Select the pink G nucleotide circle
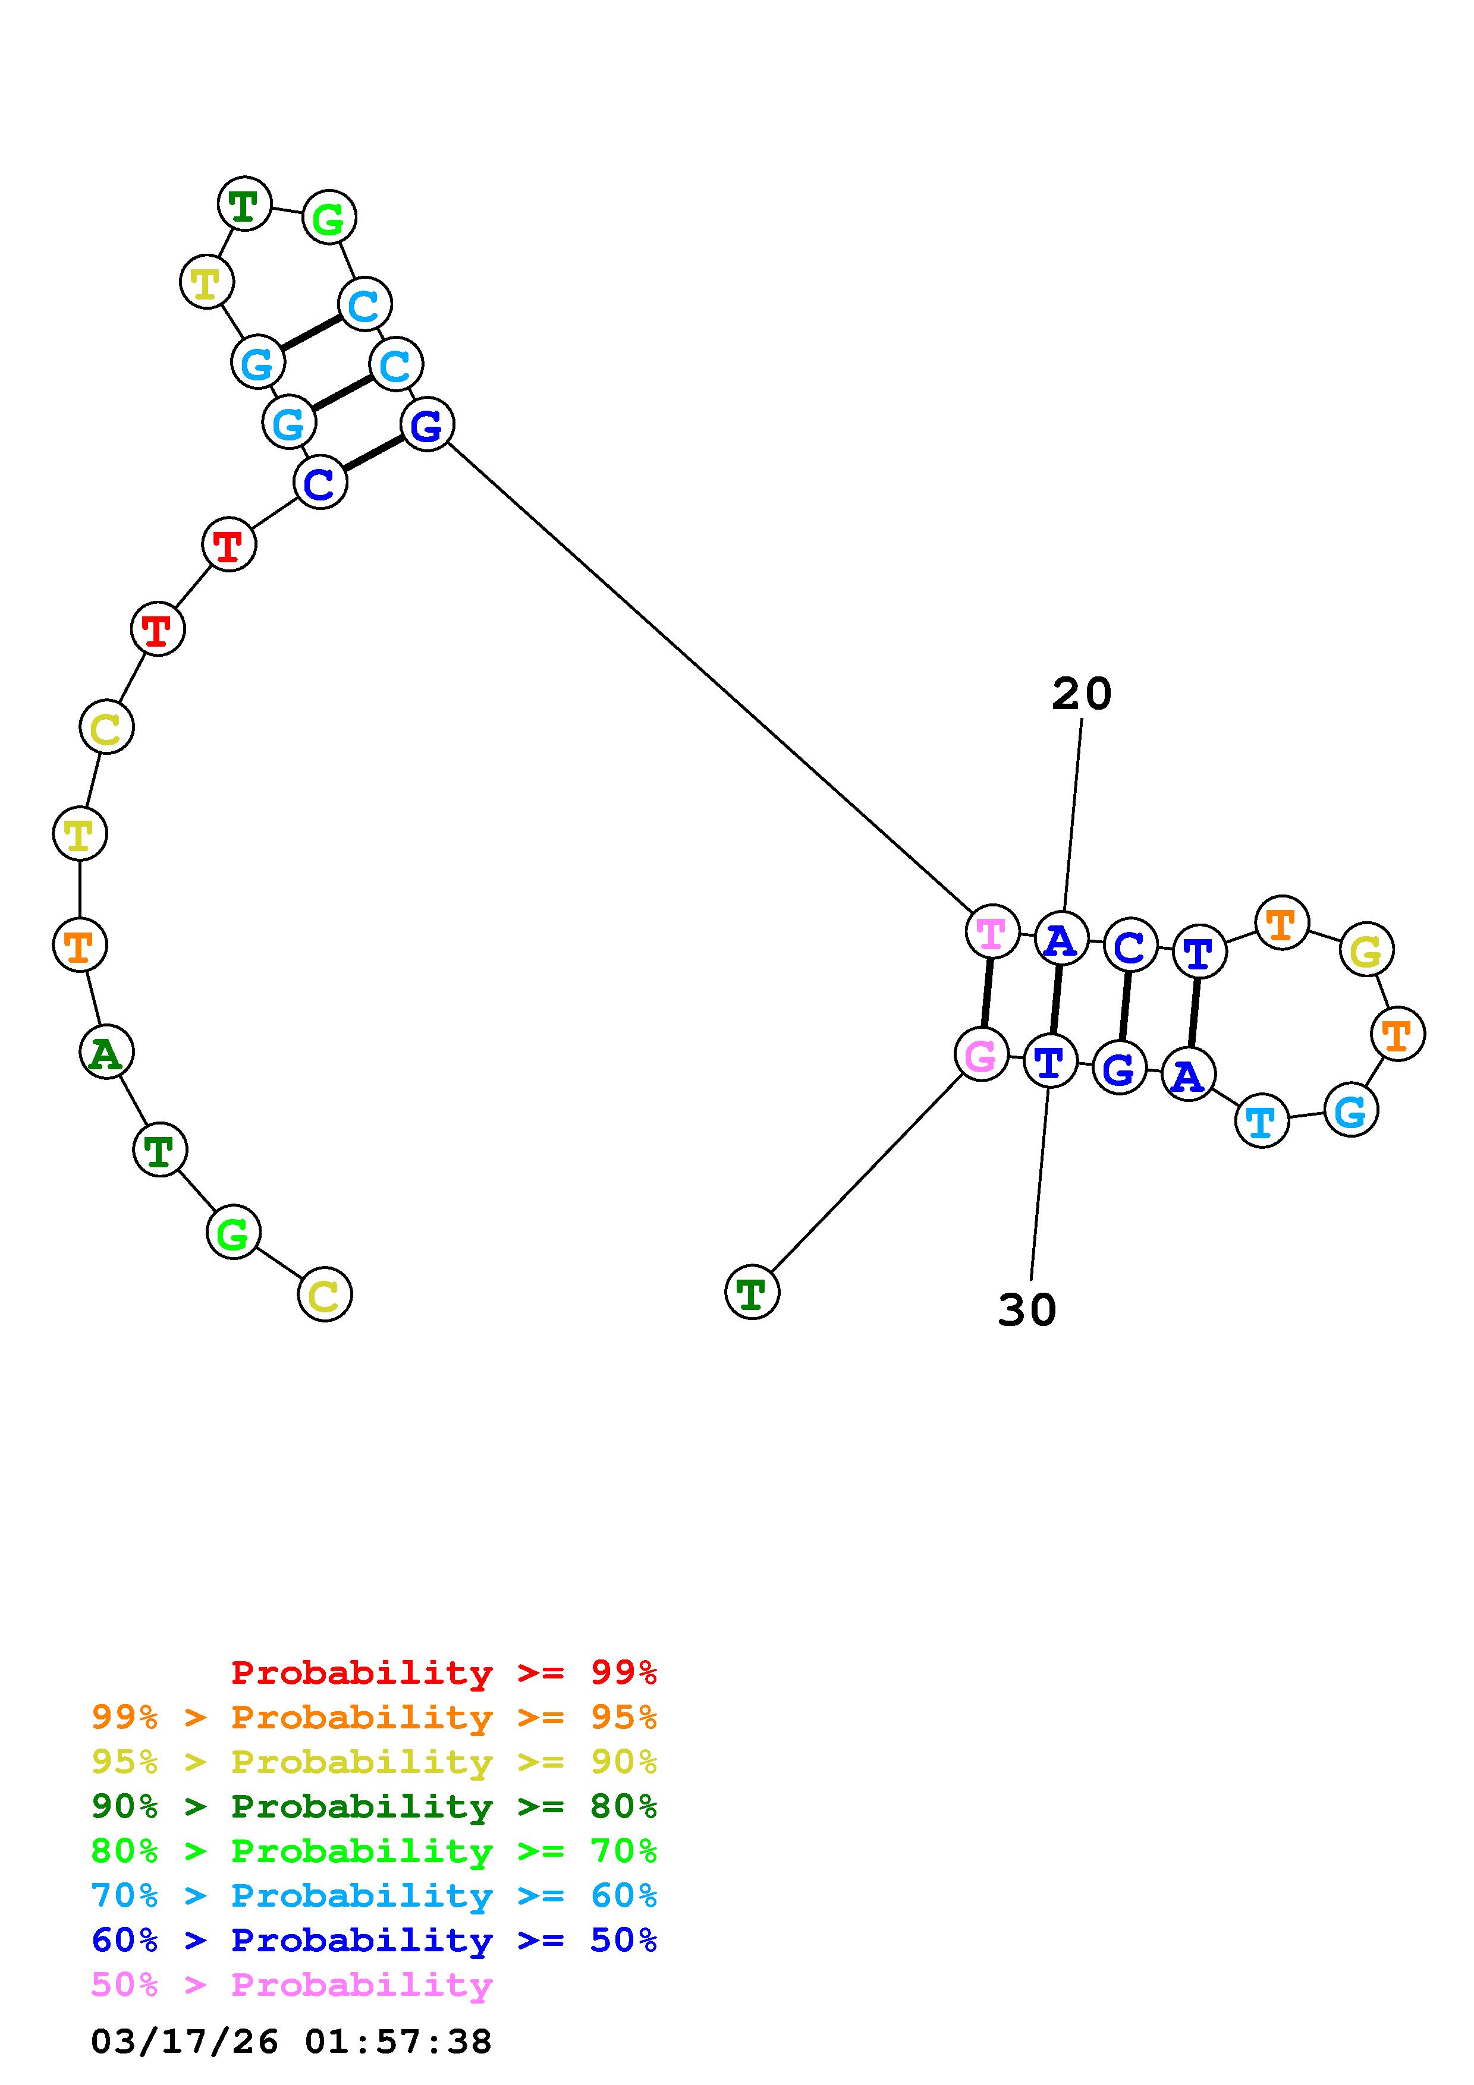pyautogui.click(x=981, y=1054)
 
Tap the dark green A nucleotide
pyautogui.click(x=106, y=1053)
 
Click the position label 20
pyautogui.click(x=1081, y=694)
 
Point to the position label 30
pyautogui.click(x=1027, y=1309)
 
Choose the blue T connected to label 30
pyautogui.click(x=1050, y=1061)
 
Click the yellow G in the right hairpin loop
pyautogui.click(x=1366, y=950)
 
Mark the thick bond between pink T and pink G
pyautogui.click(x=986, y=993)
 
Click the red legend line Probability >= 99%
pyautogui.click(x=443, y=1672)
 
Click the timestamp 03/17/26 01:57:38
pyautogui.click(x=291, y=2042)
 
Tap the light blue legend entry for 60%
pyautogui.click(x=373, y=1895)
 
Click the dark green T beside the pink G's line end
pyautogui.click(x=752, y=1292)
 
